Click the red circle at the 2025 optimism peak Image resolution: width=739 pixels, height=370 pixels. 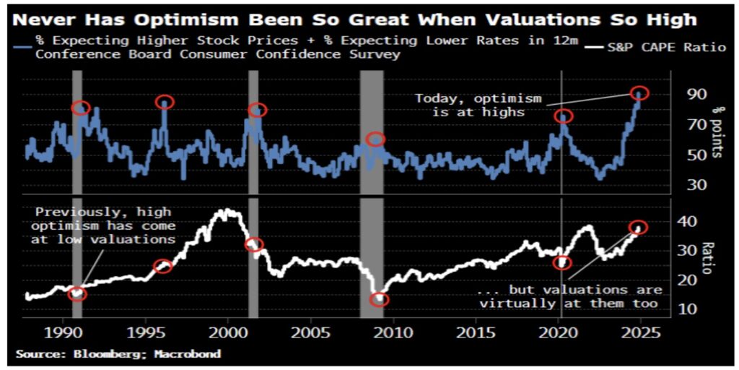click(639, 93)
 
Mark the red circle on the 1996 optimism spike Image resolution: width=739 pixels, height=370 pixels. click(165, 102)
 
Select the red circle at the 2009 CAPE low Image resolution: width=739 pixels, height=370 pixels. click(379, 299)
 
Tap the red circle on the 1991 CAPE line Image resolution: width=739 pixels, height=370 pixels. click(77, 294)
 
